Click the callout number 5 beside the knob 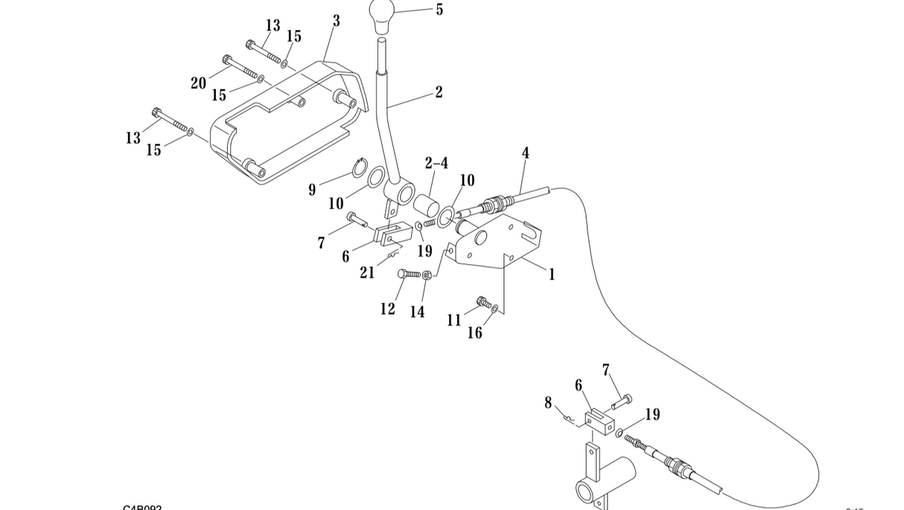pyautogui.click(x=439, y=10)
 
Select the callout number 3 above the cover pyautogui.click(x=336, y=21)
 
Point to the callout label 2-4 pyautogui.click(x=436, y=163)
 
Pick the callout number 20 pyautogui.click(x=198, y=83)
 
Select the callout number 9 pyautogui.click(x=312, y=190)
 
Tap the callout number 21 pyautogui.click(x=367, y=273)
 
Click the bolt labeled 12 pyautogui.click(x=410, y=274)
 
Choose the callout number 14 pyautogui.click(x=417, y=312)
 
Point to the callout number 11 pyautogui.click(x=454, y=321)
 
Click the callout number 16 pyautogui.click(x=474, y=333)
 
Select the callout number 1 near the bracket pyautogui.click(x=551, y=274)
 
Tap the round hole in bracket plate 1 pyautogui.click(x=480, y=238)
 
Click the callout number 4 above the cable pyautogui.click(x=525, y=153)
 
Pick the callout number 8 pyautogui.click(x=548, y=403)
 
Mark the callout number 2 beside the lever pyautogui.click(x=439, y=92)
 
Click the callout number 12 pyautogui.click(x=387, y=309)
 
